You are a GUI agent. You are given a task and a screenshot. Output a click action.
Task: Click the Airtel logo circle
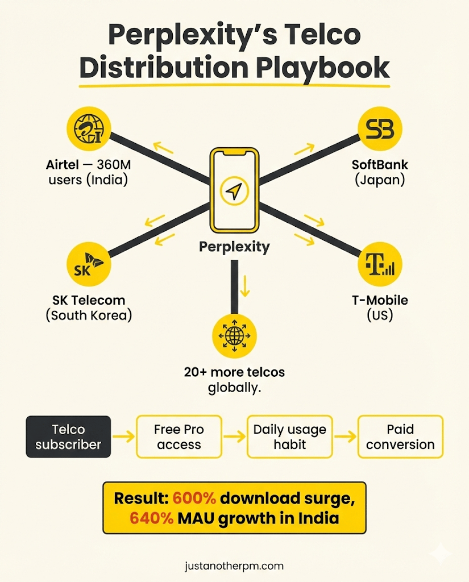tap(89, 130)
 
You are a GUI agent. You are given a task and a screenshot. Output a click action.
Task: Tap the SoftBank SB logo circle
tap(380, 128)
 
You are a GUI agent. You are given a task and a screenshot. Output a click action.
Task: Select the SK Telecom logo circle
tap(89, 265)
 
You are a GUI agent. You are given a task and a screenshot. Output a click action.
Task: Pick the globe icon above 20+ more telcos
tap(234, 335)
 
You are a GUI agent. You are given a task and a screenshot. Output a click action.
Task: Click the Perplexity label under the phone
tap(234, 247)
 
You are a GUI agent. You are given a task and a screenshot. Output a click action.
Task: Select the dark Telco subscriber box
tap(68, 436)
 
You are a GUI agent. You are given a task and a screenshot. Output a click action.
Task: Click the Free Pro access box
tap(179, 436)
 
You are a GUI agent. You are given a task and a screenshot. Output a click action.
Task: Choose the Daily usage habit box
tap(289, 436)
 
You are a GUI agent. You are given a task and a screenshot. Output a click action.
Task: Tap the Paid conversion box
tap(400, 436)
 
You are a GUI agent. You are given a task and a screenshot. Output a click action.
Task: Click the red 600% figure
tap(194, 498)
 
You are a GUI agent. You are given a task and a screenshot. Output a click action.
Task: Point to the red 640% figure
tap(152, 518)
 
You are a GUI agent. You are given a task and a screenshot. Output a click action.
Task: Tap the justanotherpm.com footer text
tap(234, 566)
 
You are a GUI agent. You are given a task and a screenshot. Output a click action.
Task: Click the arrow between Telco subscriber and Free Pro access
tap(123, 437)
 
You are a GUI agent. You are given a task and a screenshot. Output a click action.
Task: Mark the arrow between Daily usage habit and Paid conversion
tap(345, 437)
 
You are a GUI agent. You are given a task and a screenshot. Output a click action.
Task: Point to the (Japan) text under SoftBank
tap(380, 180)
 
